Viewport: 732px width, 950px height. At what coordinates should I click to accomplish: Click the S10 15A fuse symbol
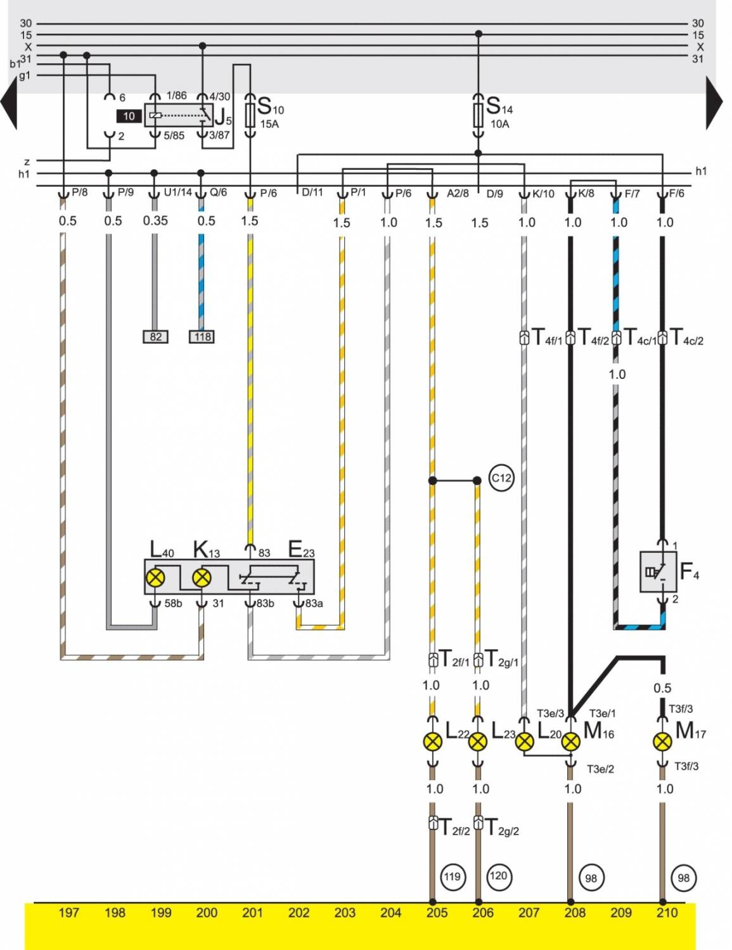(x=250, y=114)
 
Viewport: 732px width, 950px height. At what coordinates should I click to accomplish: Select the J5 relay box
(x=179, y=115)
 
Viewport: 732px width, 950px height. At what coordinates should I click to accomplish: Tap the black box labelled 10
(x=129, y=116)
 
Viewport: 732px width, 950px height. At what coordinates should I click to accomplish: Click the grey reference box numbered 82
(x=156, y=337)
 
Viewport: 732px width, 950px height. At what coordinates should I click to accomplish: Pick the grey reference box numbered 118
(x=202, y=337)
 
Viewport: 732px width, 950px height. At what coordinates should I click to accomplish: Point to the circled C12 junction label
(x=501, y=478)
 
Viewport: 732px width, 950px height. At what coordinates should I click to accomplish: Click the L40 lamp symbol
(x=155, y=577)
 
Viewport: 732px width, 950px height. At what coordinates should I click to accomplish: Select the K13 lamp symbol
(x=202, y=577)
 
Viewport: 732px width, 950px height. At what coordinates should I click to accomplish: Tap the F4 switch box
(x=658, y=572)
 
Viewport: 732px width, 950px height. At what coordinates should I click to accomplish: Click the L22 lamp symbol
(x=432, y=741)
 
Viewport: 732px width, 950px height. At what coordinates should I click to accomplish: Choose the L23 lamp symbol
(x=478, y=741)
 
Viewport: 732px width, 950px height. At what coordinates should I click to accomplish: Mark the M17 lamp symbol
(x=662, y=741)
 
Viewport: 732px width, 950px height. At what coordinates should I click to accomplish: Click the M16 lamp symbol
(x=570, y=741)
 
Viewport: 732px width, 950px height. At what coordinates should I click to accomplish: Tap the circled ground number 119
(x=452, y=877)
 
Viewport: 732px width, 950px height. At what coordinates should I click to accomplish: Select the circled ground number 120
(x=498, y=876)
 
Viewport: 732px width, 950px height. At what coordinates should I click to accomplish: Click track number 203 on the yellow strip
(x=345, y=913)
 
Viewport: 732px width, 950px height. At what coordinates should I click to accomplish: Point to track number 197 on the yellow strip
(x=68, y=913)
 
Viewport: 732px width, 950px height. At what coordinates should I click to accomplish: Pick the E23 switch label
(x=301, y=549)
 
